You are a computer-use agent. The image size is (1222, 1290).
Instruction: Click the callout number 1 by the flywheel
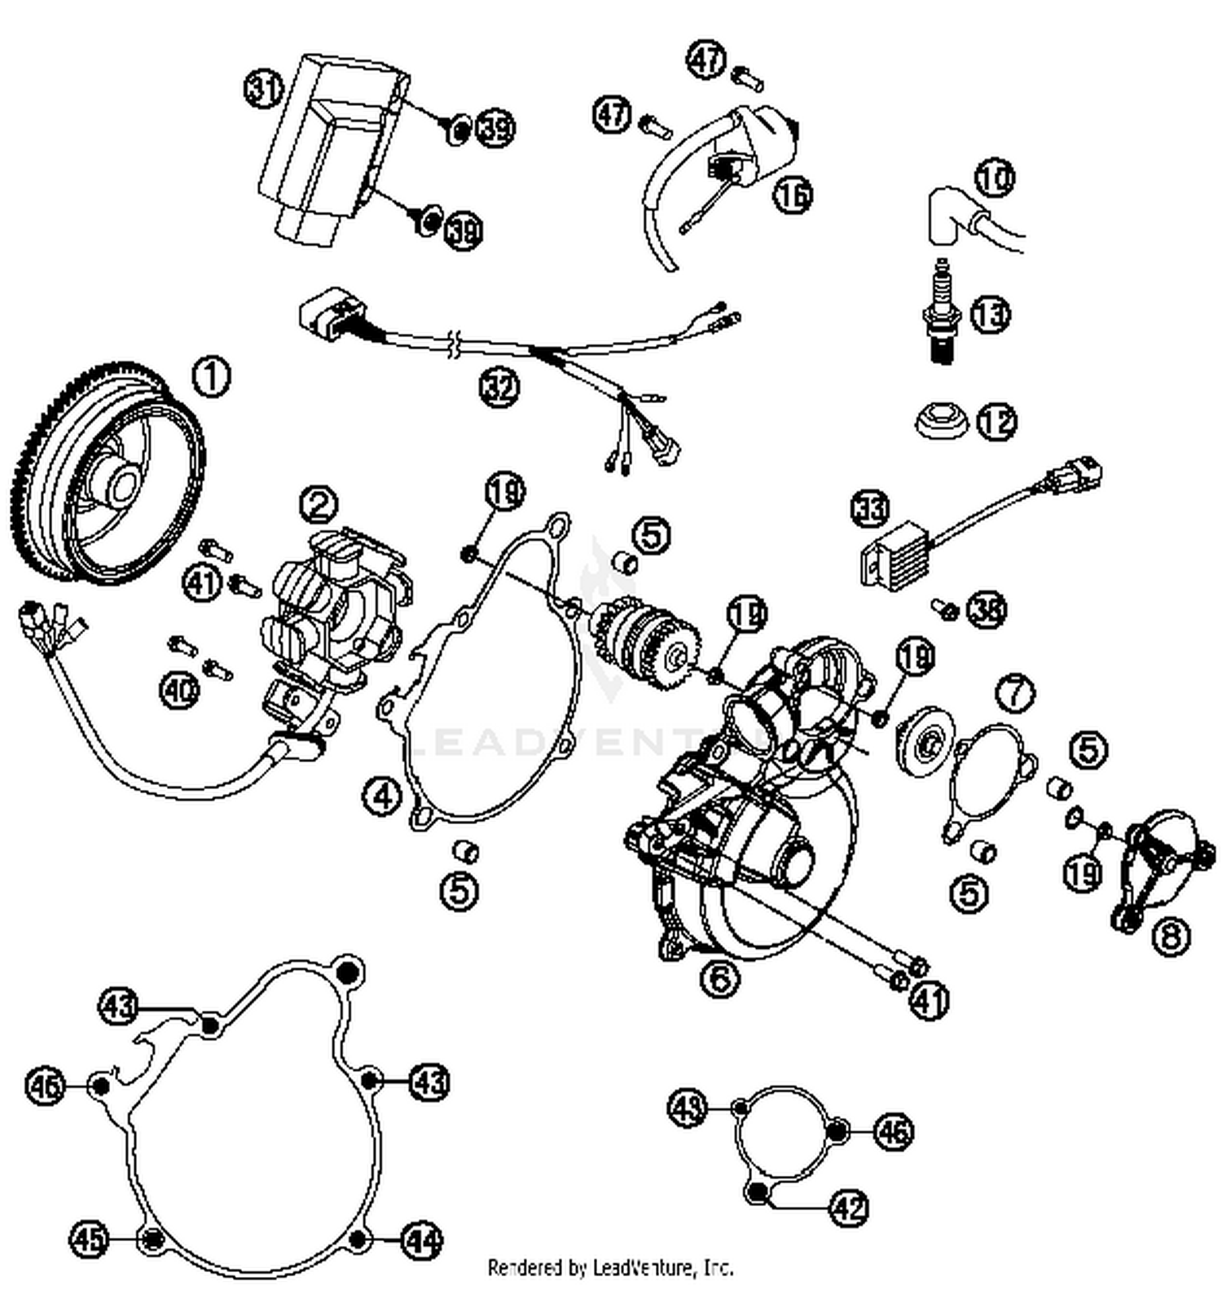211,378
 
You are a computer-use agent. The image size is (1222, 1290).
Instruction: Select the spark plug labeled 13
943,314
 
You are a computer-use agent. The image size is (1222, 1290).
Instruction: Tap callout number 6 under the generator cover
720,977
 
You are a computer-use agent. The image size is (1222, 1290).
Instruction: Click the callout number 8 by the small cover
1171,937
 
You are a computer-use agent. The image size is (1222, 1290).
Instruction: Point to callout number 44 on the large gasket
423,1240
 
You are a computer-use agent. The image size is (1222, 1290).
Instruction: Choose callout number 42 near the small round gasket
850,1207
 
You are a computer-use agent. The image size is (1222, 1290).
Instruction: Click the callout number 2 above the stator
319,505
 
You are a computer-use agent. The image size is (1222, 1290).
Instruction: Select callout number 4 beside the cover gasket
383,795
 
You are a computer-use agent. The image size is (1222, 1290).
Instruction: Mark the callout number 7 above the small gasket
1015,693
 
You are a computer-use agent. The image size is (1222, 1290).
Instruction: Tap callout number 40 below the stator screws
180,691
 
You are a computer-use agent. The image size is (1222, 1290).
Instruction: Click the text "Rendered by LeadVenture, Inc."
610,1267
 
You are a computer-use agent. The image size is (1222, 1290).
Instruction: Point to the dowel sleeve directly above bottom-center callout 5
465,852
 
